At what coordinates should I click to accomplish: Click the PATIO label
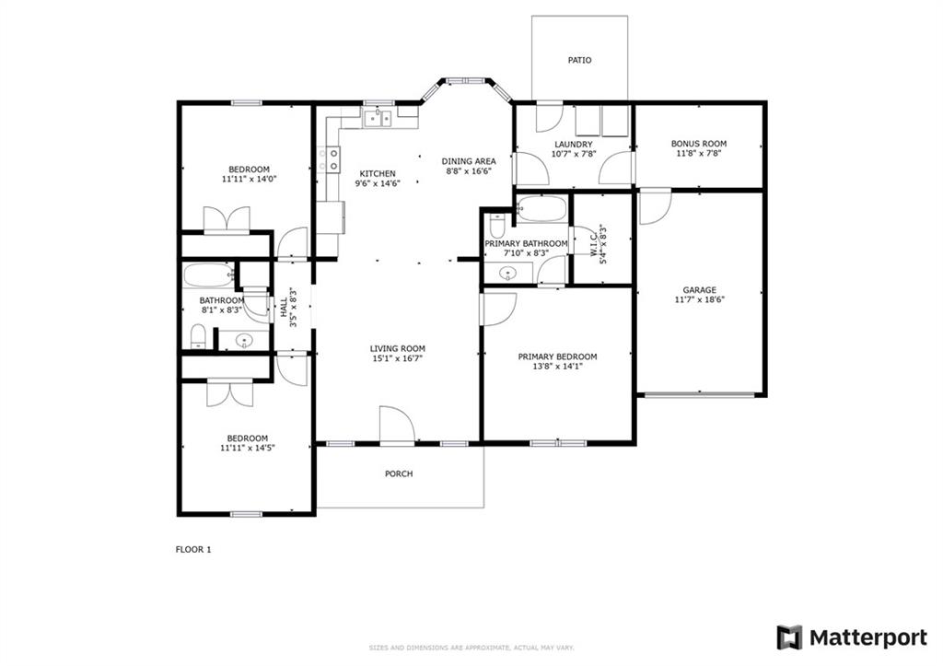[x=580, y=60]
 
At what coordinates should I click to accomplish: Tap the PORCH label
[x=399, y=474]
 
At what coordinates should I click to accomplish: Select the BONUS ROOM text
[x=699, y=144]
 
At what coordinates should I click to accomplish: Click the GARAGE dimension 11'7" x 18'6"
[x=700, y=299]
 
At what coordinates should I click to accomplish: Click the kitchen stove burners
[x=328, y=158]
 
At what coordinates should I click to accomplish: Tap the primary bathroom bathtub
[x=541, y=209]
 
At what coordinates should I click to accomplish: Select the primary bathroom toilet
[x=497, y=226]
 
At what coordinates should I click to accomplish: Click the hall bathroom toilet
[x=198, y=337]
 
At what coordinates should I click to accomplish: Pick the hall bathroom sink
[x=244, y=341]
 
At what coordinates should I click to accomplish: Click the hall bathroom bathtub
[x=209, y=275]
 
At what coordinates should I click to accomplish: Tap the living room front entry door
[x=397, y=426]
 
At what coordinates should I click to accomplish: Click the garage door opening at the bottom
[x=700, y=395]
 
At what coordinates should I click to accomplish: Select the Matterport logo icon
[x=789, y=637]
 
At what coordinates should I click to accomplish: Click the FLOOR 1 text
[x=193, y=549]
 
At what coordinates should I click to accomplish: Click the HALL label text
[x=284, y=308]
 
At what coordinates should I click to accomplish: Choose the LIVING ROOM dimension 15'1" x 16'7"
[x=397, y=358]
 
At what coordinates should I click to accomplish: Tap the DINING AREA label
[x=469, y=161]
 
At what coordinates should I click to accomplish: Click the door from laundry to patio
[x=549, y=117]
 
